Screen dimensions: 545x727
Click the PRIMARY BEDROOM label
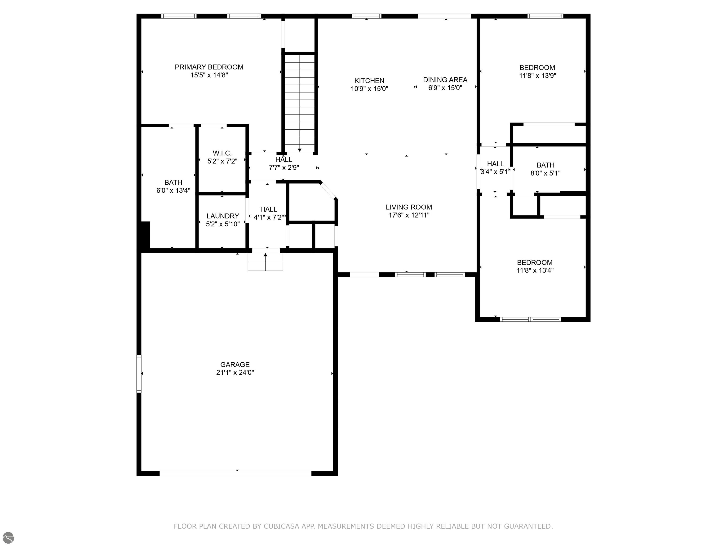click(x=209, y=67)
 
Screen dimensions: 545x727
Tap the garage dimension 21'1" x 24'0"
click(x=235, y=373)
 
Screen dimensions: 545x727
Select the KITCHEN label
click(x=369, y=80)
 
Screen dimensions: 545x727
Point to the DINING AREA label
click(x=445, y=79)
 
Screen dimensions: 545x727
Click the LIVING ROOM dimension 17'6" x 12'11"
click(x=409, y=215)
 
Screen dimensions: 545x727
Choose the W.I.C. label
click(x=222, y=153)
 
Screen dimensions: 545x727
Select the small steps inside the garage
click(x=265, y=262)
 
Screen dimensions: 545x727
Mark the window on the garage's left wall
click(x=139, y=374)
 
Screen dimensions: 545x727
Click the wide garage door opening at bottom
click(x=235, y=473)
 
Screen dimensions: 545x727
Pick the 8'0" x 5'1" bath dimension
click(x=545, y=173)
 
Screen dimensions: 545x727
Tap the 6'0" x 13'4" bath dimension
click(x=173, y=190)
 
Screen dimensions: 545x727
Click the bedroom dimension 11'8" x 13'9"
click(x=537, y=75)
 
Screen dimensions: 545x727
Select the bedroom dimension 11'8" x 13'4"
click(x=535, y=270)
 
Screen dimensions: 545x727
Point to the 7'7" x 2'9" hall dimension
click(x=284, y=167)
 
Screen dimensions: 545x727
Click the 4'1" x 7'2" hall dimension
click(x=269, y=217)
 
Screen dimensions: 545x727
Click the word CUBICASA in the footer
click(x=281, y=526)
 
